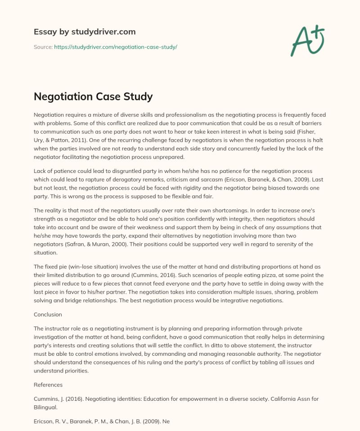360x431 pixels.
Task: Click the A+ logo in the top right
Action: (308, 40)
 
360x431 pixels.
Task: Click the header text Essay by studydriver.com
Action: (85, 32)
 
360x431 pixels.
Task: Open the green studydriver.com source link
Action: (116, 47)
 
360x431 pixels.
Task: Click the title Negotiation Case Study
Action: (94, 96)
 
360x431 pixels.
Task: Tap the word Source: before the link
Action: (43, 47)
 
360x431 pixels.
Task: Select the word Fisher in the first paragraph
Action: (315, 132)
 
